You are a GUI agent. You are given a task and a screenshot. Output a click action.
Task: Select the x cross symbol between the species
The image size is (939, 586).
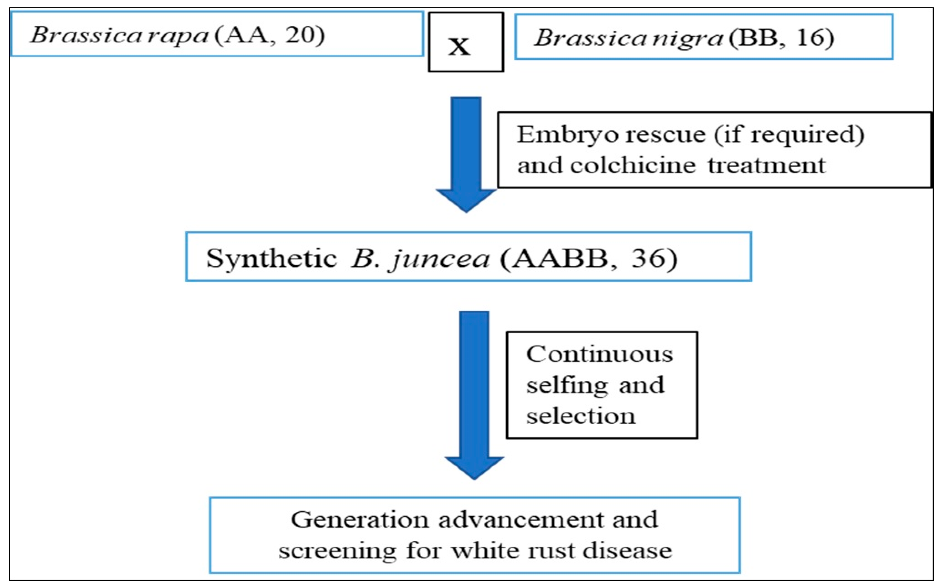click(459, 46)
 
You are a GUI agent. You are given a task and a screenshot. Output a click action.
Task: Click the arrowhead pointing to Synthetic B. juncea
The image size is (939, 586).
click(466, 200)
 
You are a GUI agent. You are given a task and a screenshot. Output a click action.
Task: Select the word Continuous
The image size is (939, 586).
click(599, 354)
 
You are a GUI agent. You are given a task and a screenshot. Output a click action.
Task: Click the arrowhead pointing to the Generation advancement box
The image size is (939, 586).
click(474, 467)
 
